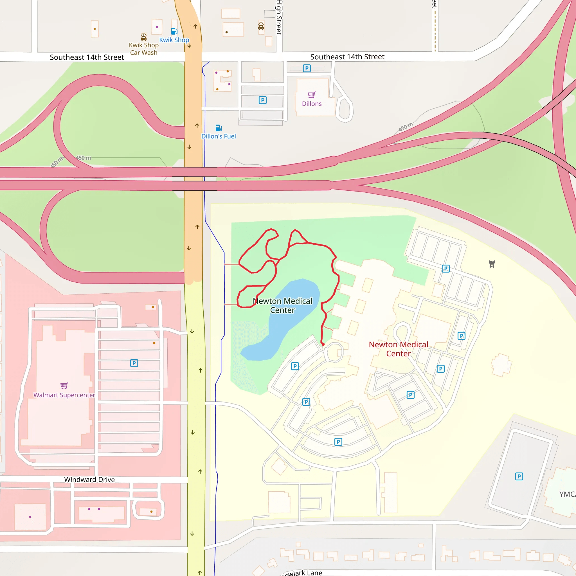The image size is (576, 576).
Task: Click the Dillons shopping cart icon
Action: [312, 95]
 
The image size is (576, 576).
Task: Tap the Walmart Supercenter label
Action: [64, 395]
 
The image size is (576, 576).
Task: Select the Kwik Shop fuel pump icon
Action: [174, 31]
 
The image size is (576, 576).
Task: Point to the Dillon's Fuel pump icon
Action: [219, 128]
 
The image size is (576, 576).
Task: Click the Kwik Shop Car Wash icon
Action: [144, 37]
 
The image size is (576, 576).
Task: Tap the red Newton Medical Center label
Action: [398, 349]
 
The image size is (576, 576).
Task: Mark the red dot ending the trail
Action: [323, 344]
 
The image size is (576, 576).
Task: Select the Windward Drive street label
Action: [89, 480]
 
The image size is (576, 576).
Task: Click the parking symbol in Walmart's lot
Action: [134, 363]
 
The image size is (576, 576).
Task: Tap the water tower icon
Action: [492, 264]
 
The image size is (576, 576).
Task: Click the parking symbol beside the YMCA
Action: [519, 476]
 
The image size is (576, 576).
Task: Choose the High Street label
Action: [279, 17]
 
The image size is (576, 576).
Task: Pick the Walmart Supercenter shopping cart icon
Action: [64, 386]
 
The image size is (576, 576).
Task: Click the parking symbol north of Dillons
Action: [307, 68]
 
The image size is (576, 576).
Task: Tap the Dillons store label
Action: [312, 104]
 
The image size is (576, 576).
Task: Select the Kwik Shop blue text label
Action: [174, 40]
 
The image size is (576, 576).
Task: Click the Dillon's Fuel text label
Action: [219, 136]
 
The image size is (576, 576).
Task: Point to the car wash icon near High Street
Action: [261, 26]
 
